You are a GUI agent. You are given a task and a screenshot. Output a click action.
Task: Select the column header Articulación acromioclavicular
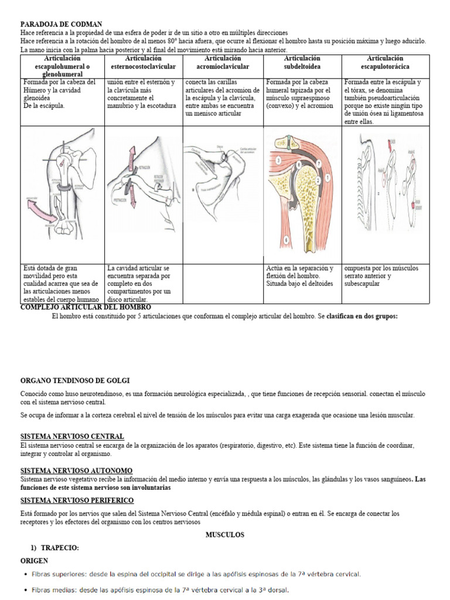tap(223, 63)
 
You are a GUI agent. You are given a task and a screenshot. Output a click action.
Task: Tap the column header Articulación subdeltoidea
tap(302, 63)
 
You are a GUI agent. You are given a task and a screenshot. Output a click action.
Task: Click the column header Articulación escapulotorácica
tap(384, 63)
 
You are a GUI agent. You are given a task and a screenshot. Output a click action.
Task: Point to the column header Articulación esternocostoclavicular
tap(144, 63)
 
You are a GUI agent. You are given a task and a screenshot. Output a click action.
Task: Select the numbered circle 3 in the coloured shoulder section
tap(278, 160)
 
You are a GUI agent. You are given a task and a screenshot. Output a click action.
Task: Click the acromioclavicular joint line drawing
tap(223, 170)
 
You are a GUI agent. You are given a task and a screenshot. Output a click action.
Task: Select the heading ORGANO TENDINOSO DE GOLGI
tap(75, 380)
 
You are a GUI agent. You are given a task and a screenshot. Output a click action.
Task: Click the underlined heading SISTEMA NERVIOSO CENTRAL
tap(72, 437)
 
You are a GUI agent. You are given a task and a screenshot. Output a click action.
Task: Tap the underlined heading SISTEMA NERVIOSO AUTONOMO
tap(76, 471)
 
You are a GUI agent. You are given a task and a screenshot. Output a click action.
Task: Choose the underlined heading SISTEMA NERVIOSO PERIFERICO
tap(77, 500)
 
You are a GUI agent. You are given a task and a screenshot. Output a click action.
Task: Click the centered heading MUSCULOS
tap(224, 535)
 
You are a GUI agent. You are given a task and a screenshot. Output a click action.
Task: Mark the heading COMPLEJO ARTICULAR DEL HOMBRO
tap(86, 307)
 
